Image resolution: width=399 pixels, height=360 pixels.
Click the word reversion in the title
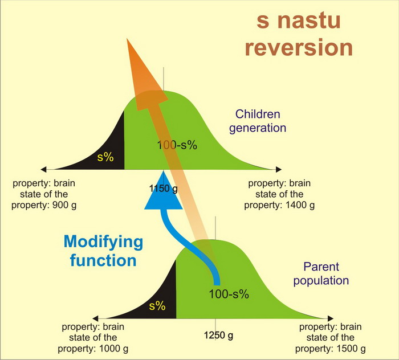pos(299,47)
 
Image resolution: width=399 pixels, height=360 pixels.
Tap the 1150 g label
pos(164,189)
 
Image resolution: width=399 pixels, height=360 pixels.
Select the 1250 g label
pos(218,336)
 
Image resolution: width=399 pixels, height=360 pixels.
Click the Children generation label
pos(258,121)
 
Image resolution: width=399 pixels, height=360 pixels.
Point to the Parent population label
pos(321,274)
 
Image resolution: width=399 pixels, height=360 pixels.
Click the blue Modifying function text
pos(103,251)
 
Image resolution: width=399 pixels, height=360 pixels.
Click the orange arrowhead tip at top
pos(127,38)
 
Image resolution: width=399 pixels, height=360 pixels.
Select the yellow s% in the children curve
pos(105,157)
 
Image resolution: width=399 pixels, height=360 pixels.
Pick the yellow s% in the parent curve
pos(157,306)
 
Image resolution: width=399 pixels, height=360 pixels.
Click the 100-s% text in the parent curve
pos(229,294)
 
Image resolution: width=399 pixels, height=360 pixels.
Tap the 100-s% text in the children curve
pos(177,145)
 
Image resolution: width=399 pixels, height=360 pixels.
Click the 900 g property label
pos(44,194)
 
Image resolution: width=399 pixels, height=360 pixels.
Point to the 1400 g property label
pos(279,194)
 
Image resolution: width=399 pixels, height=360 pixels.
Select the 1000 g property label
pos(93,338)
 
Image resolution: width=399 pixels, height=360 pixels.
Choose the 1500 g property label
pos(330,338)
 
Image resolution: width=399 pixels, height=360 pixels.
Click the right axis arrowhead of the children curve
pos(279,169)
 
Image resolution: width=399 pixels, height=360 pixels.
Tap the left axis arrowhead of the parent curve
pos(95,318)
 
